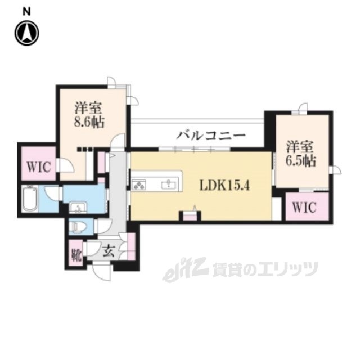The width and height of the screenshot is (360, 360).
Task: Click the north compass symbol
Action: coord(26,33)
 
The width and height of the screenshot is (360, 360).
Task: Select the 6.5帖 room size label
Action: coord(300,161)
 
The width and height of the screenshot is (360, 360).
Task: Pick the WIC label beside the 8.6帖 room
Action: coord(38,166)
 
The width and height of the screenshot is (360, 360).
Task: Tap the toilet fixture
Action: coord(77,227)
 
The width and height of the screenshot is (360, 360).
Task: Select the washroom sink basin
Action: coord(77,207)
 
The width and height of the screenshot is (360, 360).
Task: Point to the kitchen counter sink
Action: coord(168,184)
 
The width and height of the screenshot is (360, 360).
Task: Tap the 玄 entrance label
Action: coord(109,251)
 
